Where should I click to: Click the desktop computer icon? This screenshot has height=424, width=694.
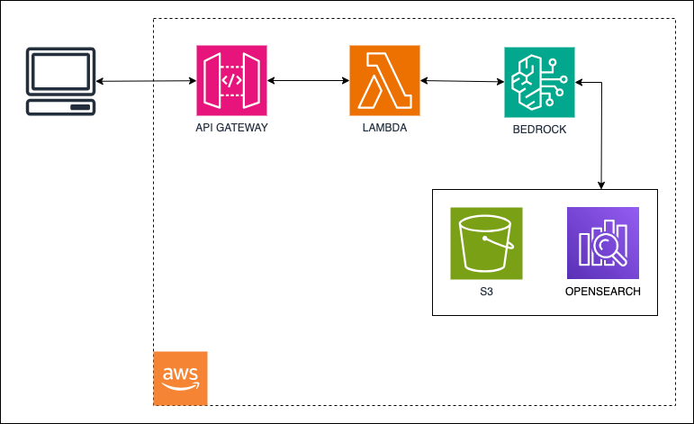[60, 82]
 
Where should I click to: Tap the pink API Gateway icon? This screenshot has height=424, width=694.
[232, 81]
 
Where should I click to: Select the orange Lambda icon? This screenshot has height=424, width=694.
[384, 81]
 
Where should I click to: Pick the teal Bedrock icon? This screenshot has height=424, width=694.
[539, 82]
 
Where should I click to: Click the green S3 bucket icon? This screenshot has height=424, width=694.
[486, 243]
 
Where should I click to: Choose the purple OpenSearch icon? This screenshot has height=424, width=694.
[602, 243]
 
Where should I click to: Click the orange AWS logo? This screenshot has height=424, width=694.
[181, 377]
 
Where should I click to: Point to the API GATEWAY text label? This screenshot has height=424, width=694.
[231, 128]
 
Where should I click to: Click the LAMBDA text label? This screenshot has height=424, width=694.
[384, 128]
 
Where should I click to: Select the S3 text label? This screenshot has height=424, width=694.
[486, 292]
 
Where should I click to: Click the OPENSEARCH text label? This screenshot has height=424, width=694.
[602, 292]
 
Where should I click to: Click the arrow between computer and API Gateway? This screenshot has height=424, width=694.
[146, 82]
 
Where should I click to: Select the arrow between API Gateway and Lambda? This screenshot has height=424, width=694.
[309, 82]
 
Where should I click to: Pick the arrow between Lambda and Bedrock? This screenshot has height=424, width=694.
[461, 82]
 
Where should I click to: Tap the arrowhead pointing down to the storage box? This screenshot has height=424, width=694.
[601, 185]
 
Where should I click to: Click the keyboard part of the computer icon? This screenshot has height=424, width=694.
[60, 108]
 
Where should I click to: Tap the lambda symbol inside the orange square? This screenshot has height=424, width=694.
[384, 82]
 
